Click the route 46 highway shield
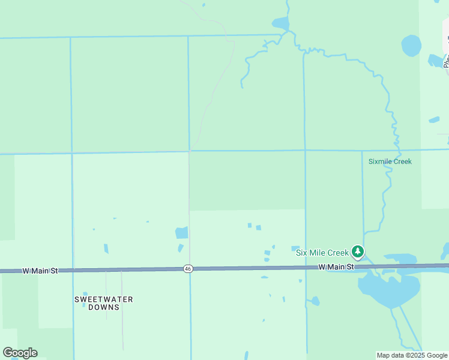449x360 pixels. pyautogui.click(x=188, y=269)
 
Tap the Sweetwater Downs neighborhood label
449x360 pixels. pyautogui.click(x=104, y=303)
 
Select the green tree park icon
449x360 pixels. pyautogui.click(x=358, y=251)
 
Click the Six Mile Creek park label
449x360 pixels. pyautogui.click(x=322, y=253)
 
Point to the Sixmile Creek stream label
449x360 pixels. pyautogui.click(x=390, y=161)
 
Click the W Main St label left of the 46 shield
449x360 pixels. pyautogui.click(x=40, y=271)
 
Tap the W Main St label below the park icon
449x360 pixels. pyautogui.click(x=336, y=266)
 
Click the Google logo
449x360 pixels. pyautogui.click(x=20, y=353)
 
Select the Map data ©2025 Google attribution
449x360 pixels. pyautogui.click(x=412, y=355)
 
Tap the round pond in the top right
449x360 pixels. pyautogui.click(x=411, y=46)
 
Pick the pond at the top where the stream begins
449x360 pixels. pyautogui.click(x=280, y=24)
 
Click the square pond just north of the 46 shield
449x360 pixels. pyautogui.click(x=182, y=233)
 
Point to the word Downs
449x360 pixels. pyautogui.click(x=104, y=307)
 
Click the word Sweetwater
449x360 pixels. pyautogui.click(x=104, y=299)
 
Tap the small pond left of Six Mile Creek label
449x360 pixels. pyautogui.click(x=295, y=248)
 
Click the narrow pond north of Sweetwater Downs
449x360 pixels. pyautogui.click(x=106, y=248)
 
